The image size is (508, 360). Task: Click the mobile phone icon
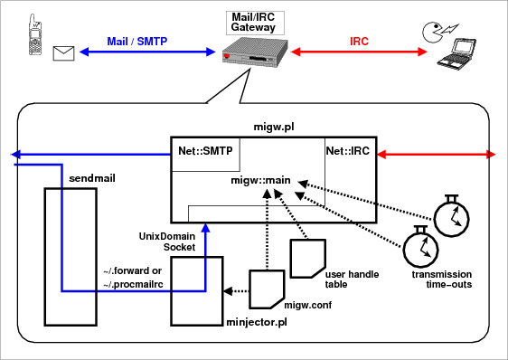[35, 34]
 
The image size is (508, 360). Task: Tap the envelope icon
[64, 53]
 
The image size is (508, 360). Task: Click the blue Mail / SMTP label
[137, 42]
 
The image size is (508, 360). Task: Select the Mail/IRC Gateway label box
[255, 23]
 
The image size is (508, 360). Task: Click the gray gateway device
[255, 52]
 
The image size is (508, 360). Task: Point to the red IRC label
[359, 42]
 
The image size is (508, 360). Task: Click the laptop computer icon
[456, 53]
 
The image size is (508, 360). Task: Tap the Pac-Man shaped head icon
[432, 32]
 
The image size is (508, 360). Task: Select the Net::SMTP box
[206, 155]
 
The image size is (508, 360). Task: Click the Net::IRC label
[348, 151]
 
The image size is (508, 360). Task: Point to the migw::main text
[260, 180]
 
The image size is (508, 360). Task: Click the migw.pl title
[274, 127]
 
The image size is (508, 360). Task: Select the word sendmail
[92, 178]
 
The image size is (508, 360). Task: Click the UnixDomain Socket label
[167, 242]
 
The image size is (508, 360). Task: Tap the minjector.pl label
[257, 322]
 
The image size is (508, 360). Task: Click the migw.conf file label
[307, 305]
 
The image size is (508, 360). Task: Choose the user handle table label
[352, 279]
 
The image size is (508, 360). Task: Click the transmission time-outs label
[442, 279]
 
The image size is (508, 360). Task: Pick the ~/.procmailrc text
[133, 284]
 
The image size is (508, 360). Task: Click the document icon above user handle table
[307, 259]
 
